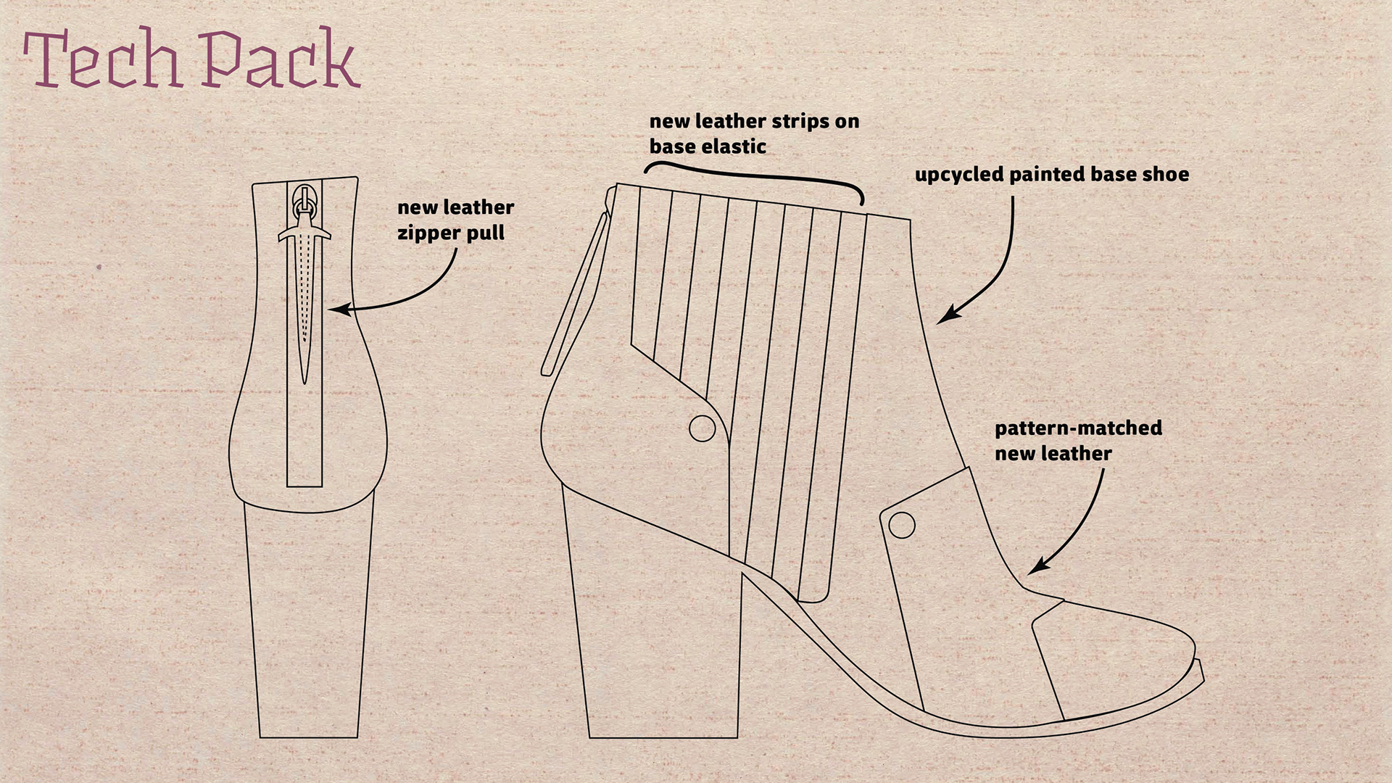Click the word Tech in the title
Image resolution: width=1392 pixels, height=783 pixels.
coord(101,59)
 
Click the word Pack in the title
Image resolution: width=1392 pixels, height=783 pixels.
coord(279,59)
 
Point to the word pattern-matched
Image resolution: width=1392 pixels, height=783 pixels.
coord(1078,428)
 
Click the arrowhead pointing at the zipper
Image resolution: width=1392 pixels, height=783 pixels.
coord(335,310)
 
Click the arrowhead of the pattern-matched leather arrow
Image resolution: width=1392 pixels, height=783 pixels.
coord(1035,568)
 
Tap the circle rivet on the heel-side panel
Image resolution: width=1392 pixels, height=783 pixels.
coord(702,428)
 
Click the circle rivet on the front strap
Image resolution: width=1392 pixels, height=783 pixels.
coord(901,525)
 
